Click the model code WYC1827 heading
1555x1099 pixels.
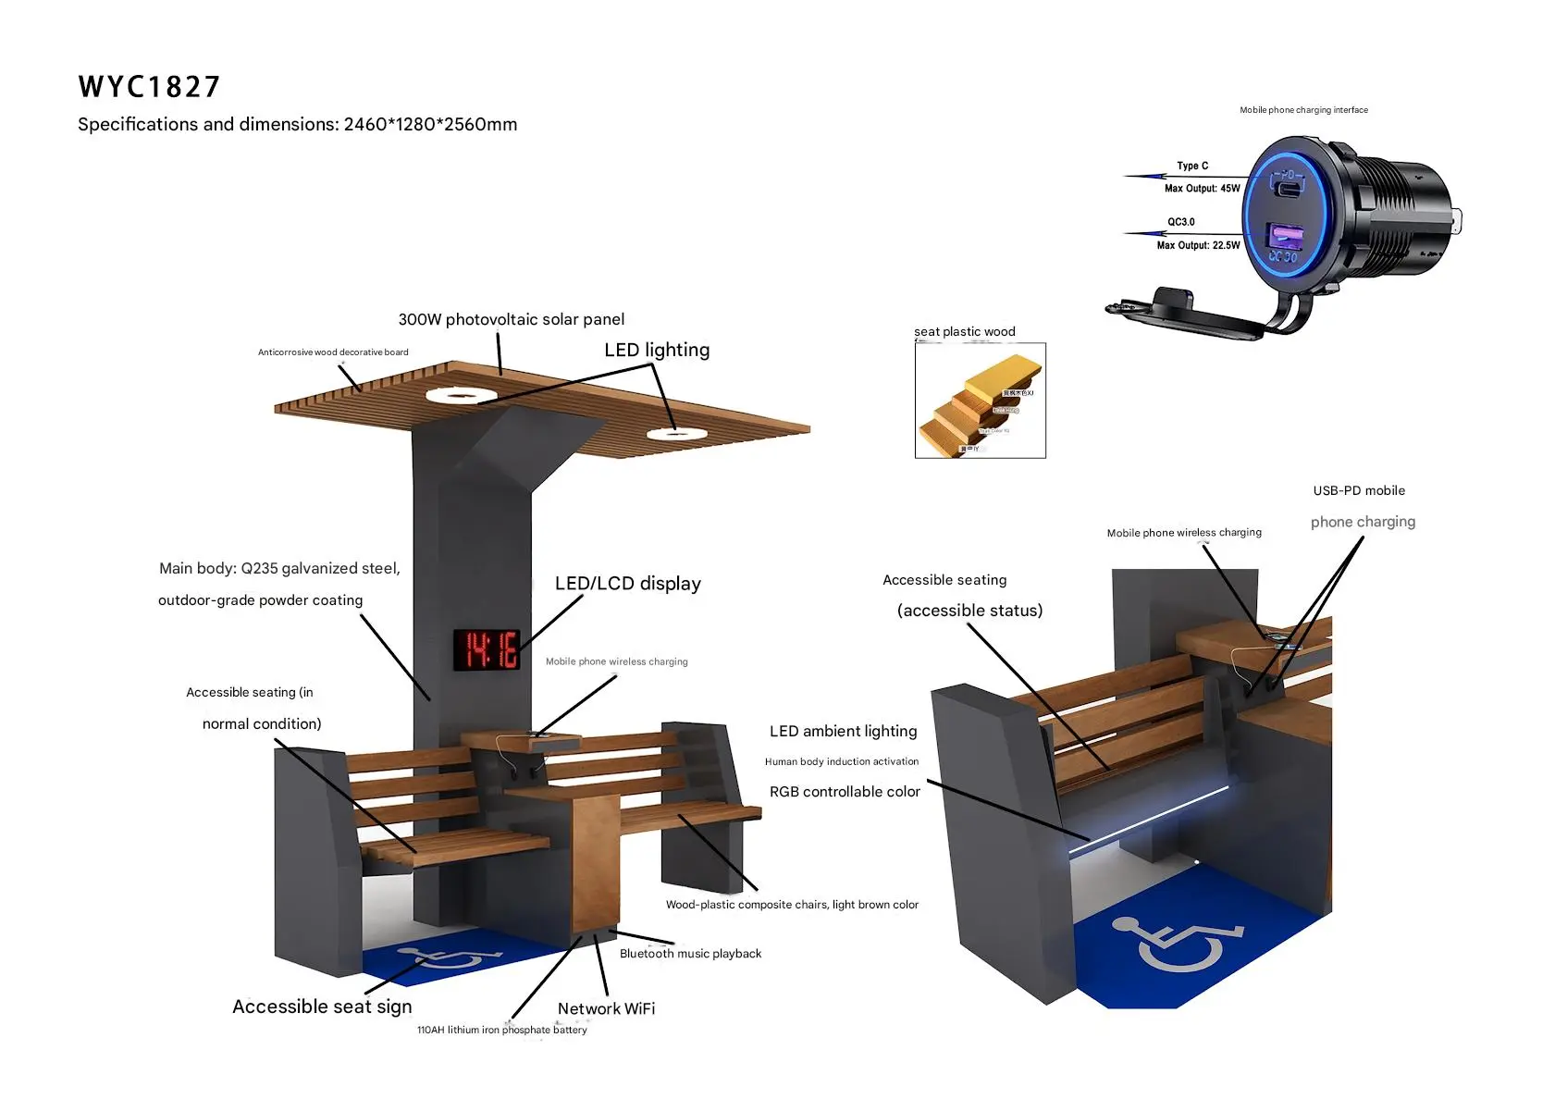(149, 87)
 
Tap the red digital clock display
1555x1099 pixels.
(487, 649)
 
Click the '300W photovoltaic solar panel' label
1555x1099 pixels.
(511, 319)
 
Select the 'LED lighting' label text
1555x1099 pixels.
(657, 350)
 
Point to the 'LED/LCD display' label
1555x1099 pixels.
(627, 584)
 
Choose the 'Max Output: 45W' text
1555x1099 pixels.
(1202, 188)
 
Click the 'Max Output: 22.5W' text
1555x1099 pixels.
(1198, 245)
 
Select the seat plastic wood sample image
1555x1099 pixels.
(980, 401)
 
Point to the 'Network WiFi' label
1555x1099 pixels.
(606, 1008)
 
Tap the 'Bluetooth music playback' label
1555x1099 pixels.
(690, 954)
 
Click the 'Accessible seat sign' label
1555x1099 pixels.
(322, 1006)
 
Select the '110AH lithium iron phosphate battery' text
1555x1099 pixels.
(501, 1030)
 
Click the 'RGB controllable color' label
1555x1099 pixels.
(845, 792)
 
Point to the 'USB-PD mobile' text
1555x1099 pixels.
(1358, 490)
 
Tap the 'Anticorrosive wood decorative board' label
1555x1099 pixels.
(333, 352)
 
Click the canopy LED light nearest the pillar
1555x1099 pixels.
(461, 396)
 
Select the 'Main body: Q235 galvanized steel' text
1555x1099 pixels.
(279, 568)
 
